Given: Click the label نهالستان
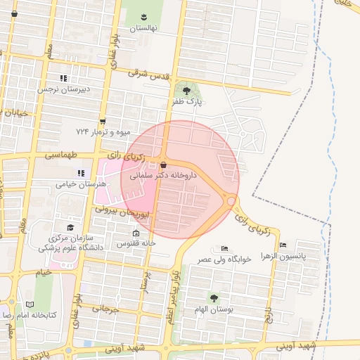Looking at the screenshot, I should (x=143, y=28).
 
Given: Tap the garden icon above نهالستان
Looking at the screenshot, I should (x=143, y=16).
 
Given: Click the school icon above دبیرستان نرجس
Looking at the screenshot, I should (x=63, y=78).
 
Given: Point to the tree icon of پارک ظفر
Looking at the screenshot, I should (x=186, y=91).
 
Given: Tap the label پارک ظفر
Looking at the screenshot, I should (x=187, y=102).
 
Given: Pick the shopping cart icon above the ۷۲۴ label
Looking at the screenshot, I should (x=103, y=121).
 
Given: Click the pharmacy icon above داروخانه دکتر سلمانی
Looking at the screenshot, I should (x=163, y=165).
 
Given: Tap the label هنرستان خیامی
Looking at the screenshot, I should (x=82, y=184).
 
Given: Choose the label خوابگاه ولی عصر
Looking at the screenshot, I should (x=224, y=259).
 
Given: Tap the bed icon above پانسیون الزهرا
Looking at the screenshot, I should (x=283, y=245).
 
